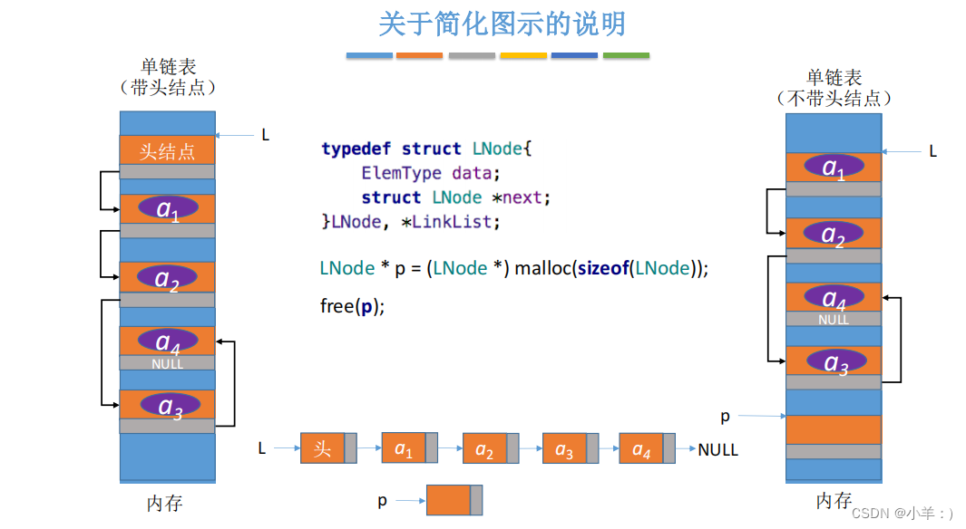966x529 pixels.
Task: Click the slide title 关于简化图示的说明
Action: pos(502,24)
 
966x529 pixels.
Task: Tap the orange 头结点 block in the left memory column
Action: pos(167,150)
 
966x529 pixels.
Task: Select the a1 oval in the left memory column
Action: pos(168,208)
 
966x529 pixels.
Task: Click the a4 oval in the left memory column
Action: pos(168,341)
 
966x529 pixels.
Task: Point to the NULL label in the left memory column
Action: pos(168,364)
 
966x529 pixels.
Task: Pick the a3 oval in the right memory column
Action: pos(833,361)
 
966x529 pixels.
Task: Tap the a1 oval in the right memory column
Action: pos(833,168)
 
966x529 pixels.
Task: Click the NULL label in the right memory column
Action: pos(834,320)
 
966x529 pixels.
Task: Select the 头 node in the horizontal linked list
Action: pos(323,448)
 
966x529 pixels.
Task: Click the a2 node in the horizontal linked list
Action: pos(484,449)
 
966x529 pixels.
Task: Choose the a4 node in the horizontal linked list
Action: pos(641,448)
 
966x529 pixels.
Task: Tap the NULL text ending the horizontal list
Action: pos(718,449)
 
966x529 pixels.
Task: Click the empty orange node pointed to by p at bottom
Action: pos(448,500)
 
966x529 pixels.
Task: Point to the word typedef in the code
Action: pos(357,149)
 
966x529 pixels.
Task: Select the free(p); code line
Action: pos(353,306)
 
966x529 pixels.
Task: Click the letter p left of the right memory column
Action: pos(725,417)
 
